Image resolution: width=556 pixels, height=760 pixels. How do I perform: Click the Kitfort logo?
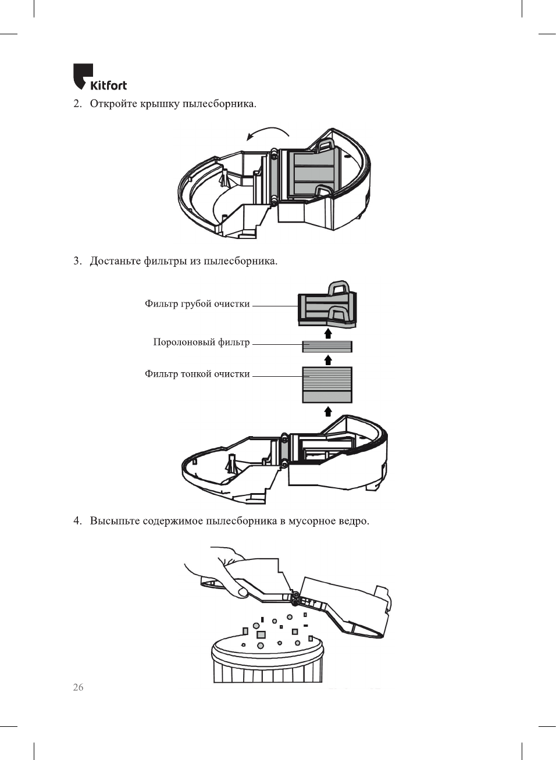[x=99, y=78]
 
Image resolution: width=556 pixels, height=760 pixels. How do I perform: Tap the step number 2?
[x=77, y=104]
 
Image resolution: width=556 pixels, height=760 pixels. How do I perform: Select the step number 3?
[x=77, y=261]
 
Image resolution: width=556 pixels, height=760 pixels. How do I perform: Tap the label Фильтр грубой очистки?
[x=197, y=304]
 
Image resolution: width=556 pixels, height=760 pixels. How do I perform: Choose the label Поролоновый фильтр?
[x=201, y=342]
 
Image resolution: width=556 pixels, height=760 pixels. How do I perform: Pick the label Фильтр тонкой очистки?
[x=197, y=374]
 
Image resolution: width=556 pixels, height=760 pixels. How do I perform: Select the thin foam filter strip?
[x=327, y=347]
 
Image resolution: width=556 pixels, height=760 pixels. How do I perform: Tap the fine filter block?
[x=327, y=384]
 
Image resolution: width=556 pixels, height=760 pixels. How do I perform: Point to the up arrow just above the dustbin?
[x=328, y=412]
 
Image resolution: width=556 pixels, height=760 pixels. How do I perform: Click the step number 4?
[x=77, y=521]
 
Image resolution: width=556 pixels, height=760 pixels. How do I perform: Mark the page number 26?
[x=78, y=687]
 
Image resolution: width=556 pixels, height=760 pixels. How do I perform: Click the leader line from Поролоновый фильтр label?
[x=277, y=344]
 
